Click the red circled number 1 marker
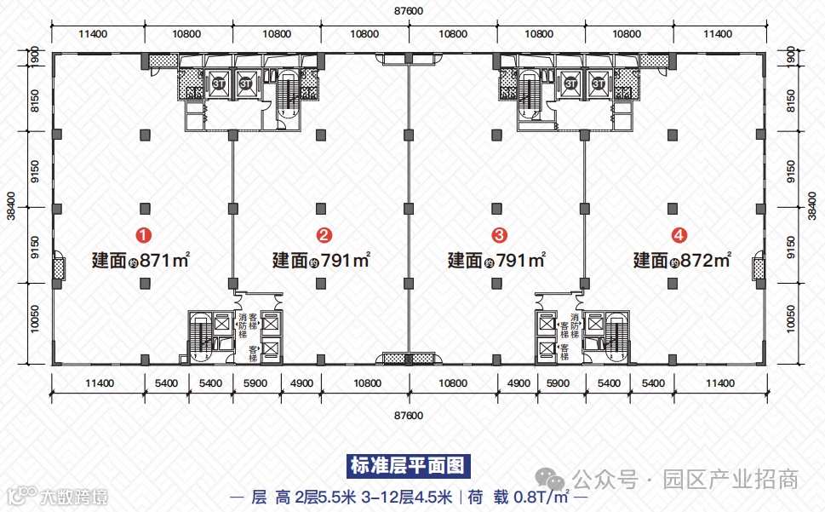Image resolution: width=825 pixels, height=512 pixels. [x=146, y=233]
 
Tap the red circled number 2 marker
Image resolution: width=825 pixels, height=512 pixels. [x=324, y=233]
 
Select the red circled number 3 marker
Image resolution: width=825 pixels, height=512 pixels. [x=501, y=233]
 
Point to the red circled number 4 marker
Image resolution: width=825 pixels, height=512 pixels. [x=679, y=233]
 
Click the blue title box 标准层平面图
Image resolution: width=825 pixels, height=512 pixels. [x=409, y=467]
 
